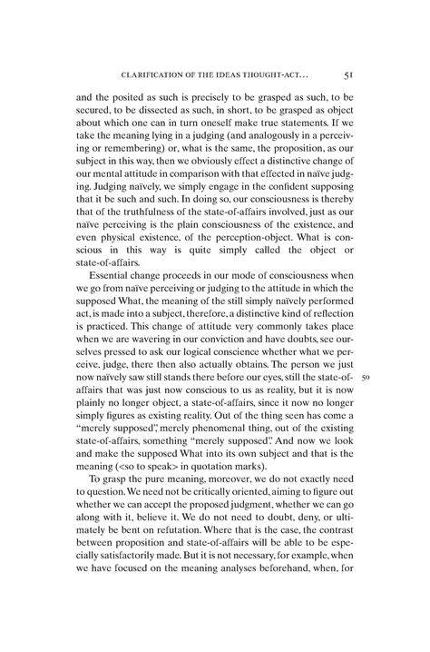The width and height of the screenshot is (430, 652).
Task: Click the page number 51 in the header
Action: point(349,74)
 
